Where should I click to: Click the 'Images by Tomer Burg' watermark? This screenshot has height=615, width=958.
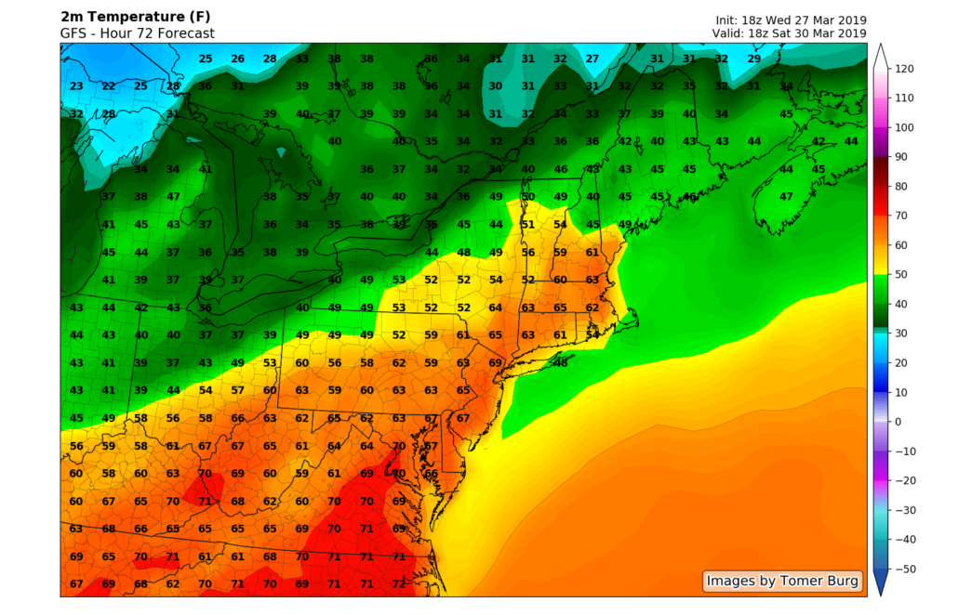(781, 582)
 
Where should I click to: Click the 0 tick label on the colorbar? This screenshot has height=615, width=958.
(898, 422)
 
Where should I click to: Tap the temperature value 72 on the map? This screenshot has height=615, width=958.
(399, 584)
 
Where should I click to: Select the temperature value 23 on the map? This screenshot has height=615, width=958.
(77, 86)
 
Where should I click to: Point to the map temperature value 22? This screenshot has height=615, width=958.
(109, 86)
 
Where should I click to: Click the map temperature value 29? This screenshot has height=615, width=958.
(754, 59)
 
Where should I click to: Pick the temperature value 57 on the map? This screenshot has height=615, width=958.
(238, 390)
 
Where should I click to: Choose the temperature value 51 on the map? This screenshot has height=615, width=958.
(527, 224)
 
